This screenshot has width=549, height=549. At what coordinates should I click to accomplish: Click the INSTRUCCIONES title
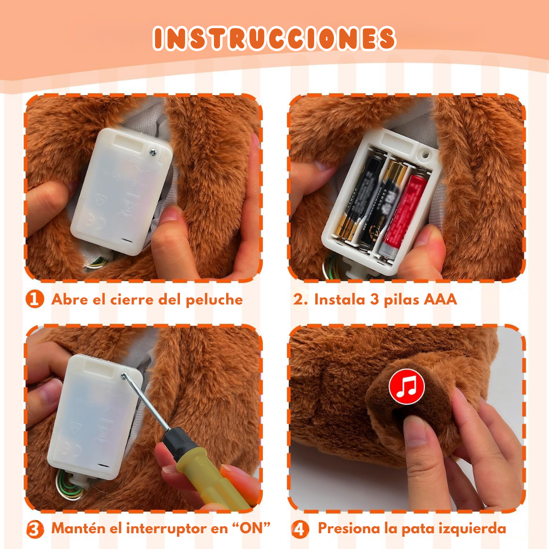coord(274,39)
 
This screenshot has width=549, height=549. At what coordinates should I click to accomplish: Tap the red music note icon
coord(407,387)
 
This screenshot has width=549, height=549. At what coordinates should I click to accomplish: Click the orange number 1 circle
coord(35,299)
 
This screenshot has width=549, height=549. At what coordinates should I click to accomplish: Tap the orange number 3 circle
coord(35,529)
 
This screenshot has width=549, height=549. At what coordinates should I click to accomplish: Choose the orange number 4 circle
coord(300,529)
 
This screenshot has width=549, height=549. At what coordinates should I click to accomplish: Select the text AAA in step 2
coord(440,299)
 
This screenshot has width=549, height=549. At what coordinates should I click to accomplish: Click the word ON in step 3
coord(254,528)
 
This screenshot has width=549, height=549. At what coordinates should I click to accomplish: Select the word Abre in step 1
coord(69,299)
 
